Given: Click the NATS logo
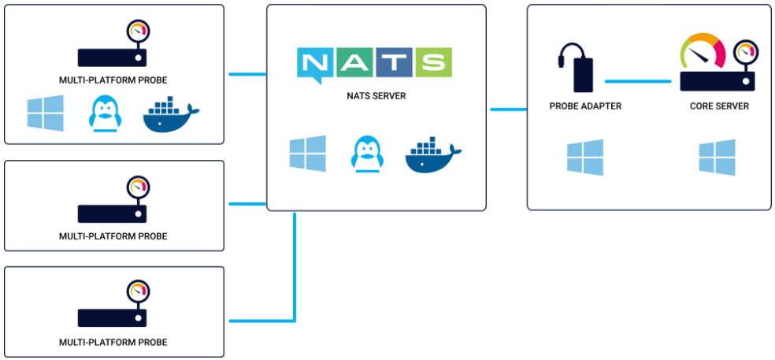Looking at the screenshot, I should pyautogui.click(x=375, y=63).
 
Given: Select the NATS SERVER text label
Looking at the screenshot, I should pyautogui.click(x=376, y=96).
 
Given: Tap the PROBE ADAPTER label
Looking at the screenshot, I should pyautogui.click(x=585, y=106).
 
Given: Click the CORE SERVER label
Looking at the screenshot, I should pyautogui.click(x=719, y=106).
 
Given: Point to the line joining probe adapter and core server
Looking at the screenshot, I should pyautogui.click(x=638, y=80).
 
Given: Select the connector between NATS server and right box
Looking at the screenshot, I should pyautogui.click(x=508, y=109).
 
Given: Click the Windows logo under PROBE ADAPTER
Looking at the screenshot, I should pyautogui.click(x=585, y=157).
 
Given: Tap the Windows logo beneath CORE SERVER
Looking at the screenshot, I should pyautogui.click(x=717, y=157).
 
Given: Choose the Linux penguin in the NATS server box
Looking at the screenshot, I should pyautogui.click(x=366, y=153).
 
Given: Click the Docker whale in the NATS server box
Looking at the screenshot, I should pyautogui.click(x=432, y=155).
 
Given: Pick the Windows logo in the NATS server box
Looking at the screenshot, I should pyautogui.click(x=307, y=153).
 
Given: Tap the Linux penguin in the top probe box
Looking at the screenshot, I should pyautogui.click(x=104, y=114).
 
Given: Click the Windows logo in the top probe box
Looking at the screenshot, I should pyautogui.click(x=45, y=113).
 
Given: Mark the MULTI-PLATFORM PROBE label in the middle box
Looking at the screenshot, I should pyautogui.click(x=113, y=236).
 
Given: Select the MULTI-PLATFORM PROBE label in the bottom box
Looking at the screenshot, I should pyautogui.click(x=113, y=343).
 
